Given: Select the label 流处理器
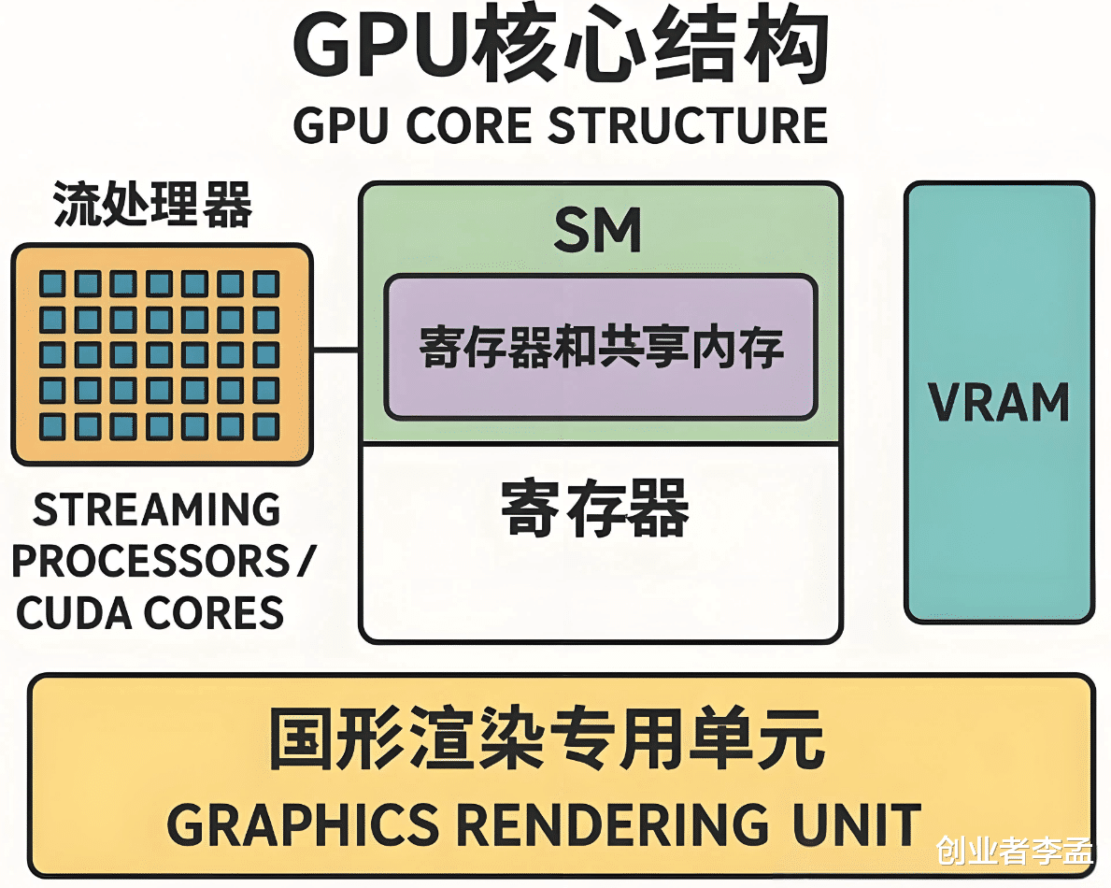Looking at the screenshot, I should point(152,205).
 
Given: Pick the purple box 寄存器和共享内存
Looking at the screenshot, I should point(601,346).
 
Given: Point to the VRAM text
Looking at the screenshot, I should point(999,402).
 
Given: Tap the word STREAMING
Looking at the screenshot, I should point(157,509).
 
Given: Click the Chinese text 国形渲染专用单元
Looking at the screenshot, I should point(548,738).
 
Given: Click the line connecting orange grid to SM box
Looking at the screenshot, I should point(336,351).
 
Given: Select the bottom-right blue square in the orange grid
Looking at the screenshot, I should point(266,426).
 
